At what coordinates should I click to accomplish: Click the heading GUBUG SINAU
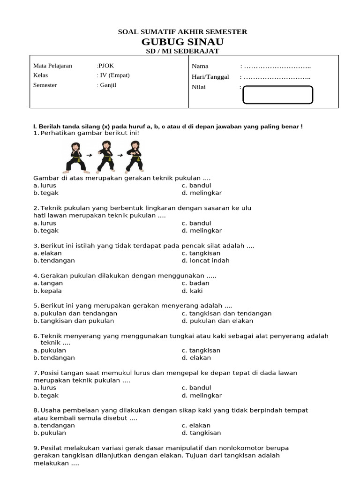pyautogui.click(x=182, y=42)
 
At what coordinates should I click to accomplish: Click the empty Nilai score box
pyautogui.click(x=277, y=95)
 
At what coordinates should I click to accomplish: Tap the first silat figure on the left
pyautogui.click(x=75, y=157)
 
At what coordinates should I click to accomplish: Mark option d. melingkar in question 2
pyautogui.click(x=202, y=231)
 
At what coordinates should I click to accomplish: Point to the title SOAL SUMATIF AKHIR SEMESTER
pyautogui.click(x=182, y=32)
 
